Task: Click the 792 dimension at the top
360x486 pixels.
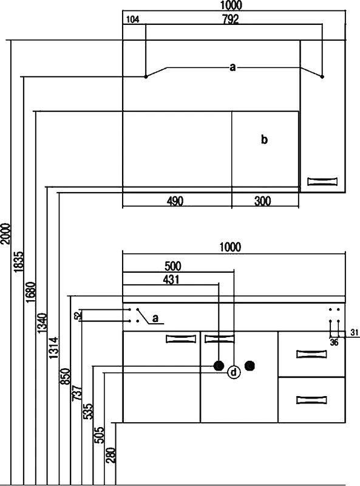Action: pyautogui.click(x=231, y=19)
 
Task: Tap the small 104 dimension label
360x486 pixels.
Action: pyautogui.click(x=133, y=19)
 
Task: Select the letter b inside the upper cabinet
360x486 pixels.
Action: pyautogui.click(x=264, y=140)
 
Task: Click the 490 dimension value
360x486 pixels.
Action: pyautogui.click(x=175, y=201)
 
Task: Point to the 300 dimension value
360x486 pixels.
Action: pyautogui.click(x=262, y=201)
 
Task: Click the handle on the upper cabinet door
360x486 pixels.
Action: pyautogui.click(x=322, y=181)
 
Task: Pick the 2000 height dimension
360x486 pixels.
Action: pyautogui.click(x=5, y=234)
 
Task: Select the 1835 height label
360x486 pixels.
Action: pyautogui.click(x=19, y=262)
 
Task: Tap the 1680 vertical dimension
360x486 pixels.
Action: pyautogui.click(x=31, y=292)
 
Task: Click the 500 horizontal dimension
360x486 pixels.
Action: pyautogui.click(x=172, y=266)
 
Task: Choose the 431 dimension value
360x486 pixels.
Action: pyautogui.click(x=171, y=280)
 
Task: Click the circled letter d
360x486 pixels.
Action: pyautogui.click(x=234, y=372)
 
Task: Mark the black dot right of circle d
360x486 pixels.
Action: pyautogui.click(x=250, y=366)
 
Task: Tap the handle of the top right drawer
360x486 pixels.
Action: pyautogui.click(x=311, y=354)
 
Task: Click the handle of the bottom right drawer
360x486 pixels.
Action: pyautogui.click(x=311, y=400)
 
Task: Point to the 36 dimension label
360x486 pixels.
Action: pyautogui.click(x=334, y=343)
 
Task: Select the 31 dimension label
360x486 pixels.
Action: pyautogui.click(x=355, y=332)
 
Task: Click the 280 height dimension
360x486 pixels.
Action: pyautogui.click(x=110, y=455)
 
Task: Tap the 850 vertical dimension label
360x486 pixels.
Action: pyautogui.click(x=66, y=377)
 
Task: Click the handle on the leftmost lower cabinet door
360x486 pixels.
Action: pyautogui.click(x=181, y=339)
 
